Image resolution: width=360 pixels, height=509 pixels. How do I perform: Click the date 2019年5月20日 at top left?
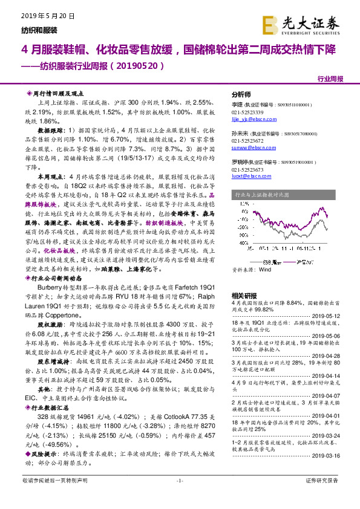click(x=44, y=16)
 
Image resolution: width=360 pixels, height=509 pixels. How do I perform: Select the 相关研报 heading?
click(x=244, y=294)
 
